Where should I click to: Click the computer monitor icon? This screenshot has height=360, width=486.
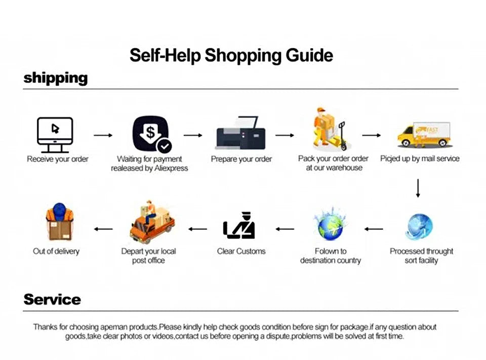(x=55, y=135)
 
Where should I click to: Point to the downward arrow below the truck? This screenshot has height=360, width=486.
(x=418, y=188)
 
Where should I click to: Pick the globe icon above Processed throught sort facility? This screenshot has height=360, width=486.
(x=419, y=227)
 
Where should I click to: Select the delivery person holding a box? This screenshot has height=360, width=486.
(x=60, y=223)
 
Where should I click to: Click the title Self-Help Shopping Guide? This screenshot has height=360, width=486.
(x=231, y=55)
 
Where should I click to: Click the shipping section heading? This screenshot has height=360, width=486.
(x=56, y=78)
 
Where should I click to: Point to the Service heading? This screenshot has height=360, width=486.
(x=52, y=299)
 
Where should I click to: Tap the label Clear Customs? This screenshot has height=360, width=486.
(x=241, y=251)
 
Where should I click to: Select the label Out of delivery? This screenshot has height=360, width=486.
(x=56, y=251)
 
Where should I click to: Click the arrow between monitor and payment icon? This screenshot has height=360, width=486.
(x=103, y=136)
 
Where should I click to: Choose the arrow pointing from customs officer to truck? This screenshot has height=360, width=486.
(x=197, y=229)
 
